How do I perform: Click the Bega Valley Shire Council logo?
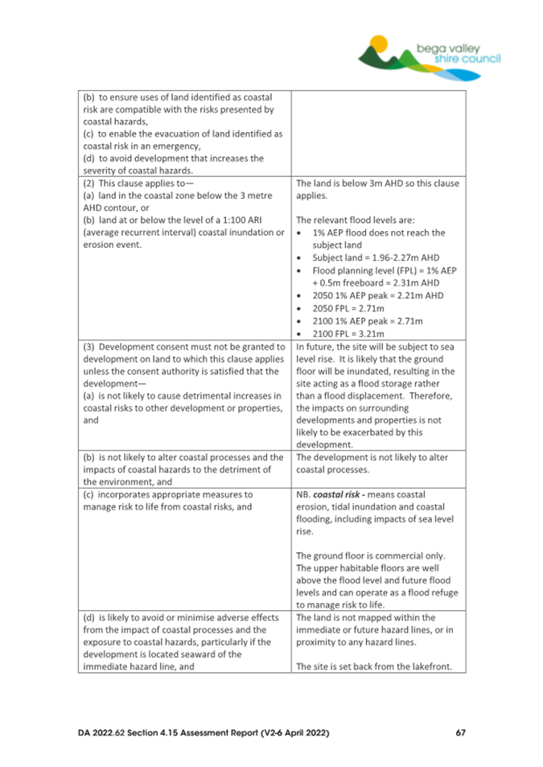pos(430,54)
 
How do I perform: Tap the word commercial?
pos(405,556)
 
